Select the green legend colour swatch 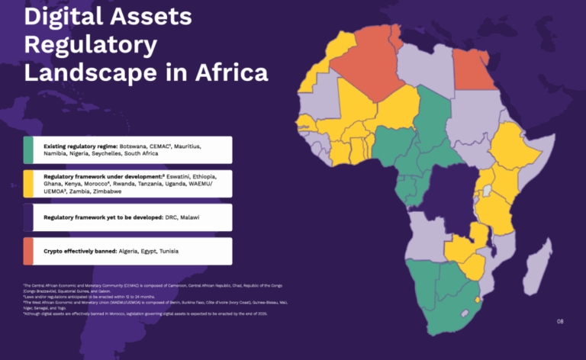pos(27,150)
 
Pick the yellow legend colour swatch pos(27,184)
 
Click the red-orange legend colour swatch pos(27,251)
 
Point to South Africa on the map pos(443,301)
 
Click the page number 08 pos(561,322)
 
